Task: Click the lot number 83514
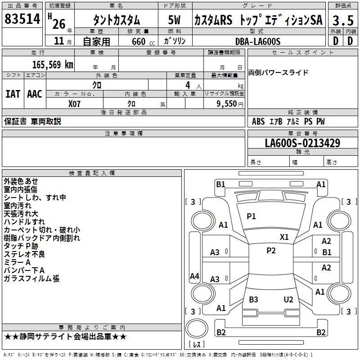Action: point(22,19)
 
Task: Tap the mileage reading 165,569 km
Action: point(53,64)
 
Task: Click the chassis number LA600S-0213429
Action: point(302,143)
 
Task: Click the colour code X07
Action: point(74,103)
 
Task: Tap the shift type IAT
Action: point(13,94)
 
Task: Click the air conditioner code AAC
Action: point(35,94)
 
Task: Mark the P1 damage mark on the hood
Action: point(251,216)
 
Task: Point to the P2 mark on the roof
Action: point(271,251)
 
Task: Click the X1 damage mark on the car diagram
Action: point(284,237)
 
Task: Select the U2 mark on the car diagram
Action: point(288,300)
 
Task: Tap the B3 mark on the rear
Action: point(253,300)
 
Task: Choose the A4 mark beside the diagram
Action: point(194,276)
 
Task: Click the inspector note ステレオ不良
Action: point(24,254)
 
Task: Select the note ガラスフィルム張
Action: point(31,279)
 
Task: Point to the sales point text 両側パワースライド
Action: point(278,72)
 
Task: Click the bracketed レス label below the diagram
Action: point(197,345)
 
